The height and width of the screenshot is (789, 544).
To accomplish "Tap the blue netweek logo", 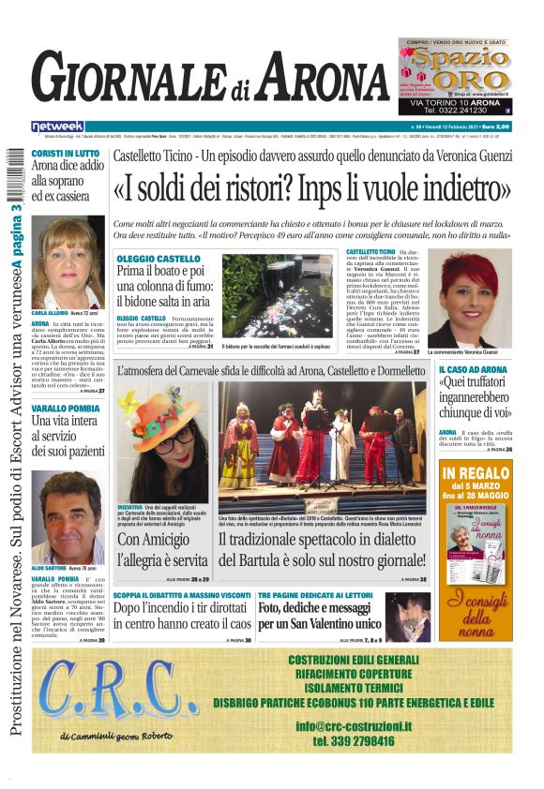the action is click(x=58, y=126).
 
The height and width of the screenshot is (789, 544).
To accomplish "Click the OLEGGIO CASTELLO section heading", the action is click(x=159, y=258).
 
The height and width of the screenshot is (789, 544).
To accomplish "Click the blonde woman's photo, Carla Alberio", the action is click(x=70, y=263).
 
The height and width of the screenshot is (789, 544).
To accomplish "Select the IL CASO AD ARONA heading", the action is click(x=473, y=370).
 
